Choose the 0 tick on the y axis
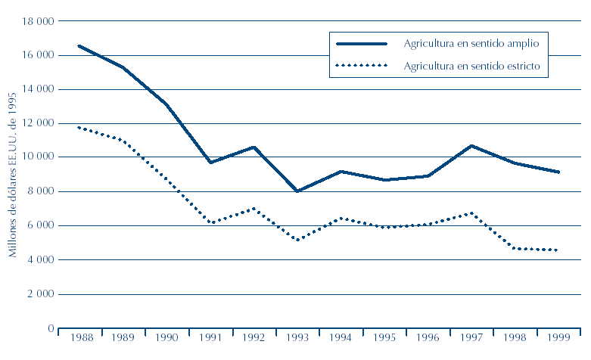click(x=50, y=329)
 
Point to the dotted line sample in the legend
click(x=361, y=66)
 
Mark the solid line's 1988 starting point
click(x=79, y=46)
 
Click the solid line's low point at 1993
click(x=297, y=191)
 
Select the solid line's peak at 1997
click(x=471, y=146)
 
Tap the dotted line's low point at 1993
click(x=297, y=241)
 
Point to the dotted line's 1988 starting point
click(x=79, y=127)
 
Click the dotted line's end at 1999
click(x=558, y=250)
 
